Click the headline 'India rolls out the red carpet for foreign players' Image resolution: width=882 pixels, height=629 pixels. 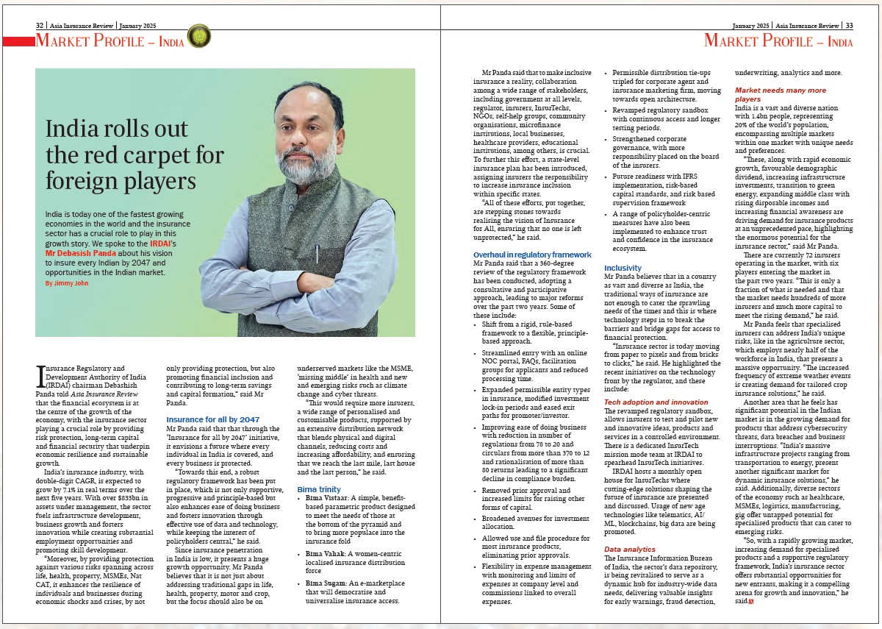point(135,154)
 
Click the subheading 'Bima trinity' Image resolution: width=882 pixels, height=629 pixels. point(319,489)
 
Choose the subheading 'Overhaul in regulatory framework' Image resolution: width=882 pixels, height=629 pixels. point(532,255)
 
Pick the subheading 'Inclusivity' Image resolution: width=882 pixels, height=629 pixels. point(623,268)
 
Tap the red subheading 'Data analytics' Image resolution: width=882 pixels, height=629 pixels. point(629,549)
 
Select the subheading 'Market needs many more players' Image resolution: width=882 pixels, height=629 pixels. point(780,94)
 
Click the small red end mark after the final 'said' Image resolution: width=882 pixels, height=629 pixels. point(751,602)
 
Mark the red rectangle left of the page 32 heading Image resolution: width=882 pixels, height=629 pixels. point(18,41)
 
